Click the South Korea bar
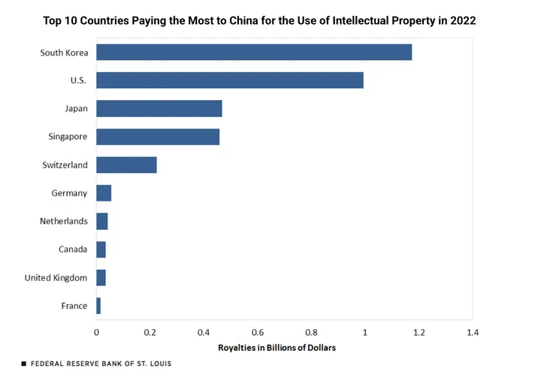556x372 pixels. pos(254,52)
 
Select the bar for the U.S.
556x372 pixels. pos(230,80)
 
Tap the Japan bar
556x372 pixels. pos(159,108)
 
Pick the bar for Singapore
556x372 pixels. pos(158,137)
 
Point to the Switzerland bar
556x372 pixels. pos(126,165)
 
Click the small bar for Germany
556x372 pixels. pos(104,193)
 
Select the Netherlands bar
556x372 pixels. pos(102,221)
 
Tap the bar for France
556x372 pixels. pos(98,306)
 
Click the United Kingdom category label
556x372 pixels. pos(56,277)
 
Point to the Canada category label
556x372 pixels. pos(73,250)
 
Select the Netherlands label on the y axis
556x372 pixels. pos(64,221)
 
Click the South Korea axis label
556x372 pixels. pos(65,53)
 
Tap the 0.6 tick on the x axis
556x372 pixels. pos(258,331)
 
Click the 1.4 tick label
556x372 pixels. pos(472,331)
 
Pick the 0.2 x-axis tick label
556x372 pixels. pos(150,331)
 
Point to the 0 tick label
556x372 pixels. pos(96,331)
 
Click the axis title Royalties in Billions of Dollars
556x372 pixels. pos(276,348)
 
